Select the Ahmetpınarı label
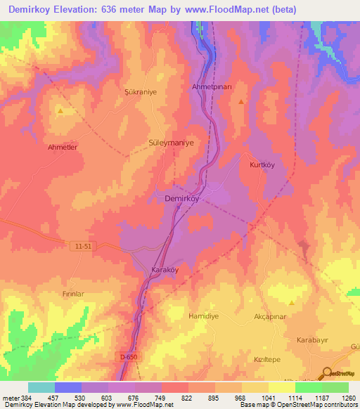click(x=212, y=86)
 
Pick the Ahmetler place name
click(x=62, y=148)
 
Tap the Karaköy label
click(x=166, y=270)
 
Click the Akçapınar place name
click(x=269, y=318)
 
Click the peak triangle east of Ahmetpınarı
click(x=241, y=101)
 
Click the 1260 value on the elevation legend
click(x=346, y=398)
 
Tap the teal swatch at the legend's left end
click(x=41, y=387)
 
